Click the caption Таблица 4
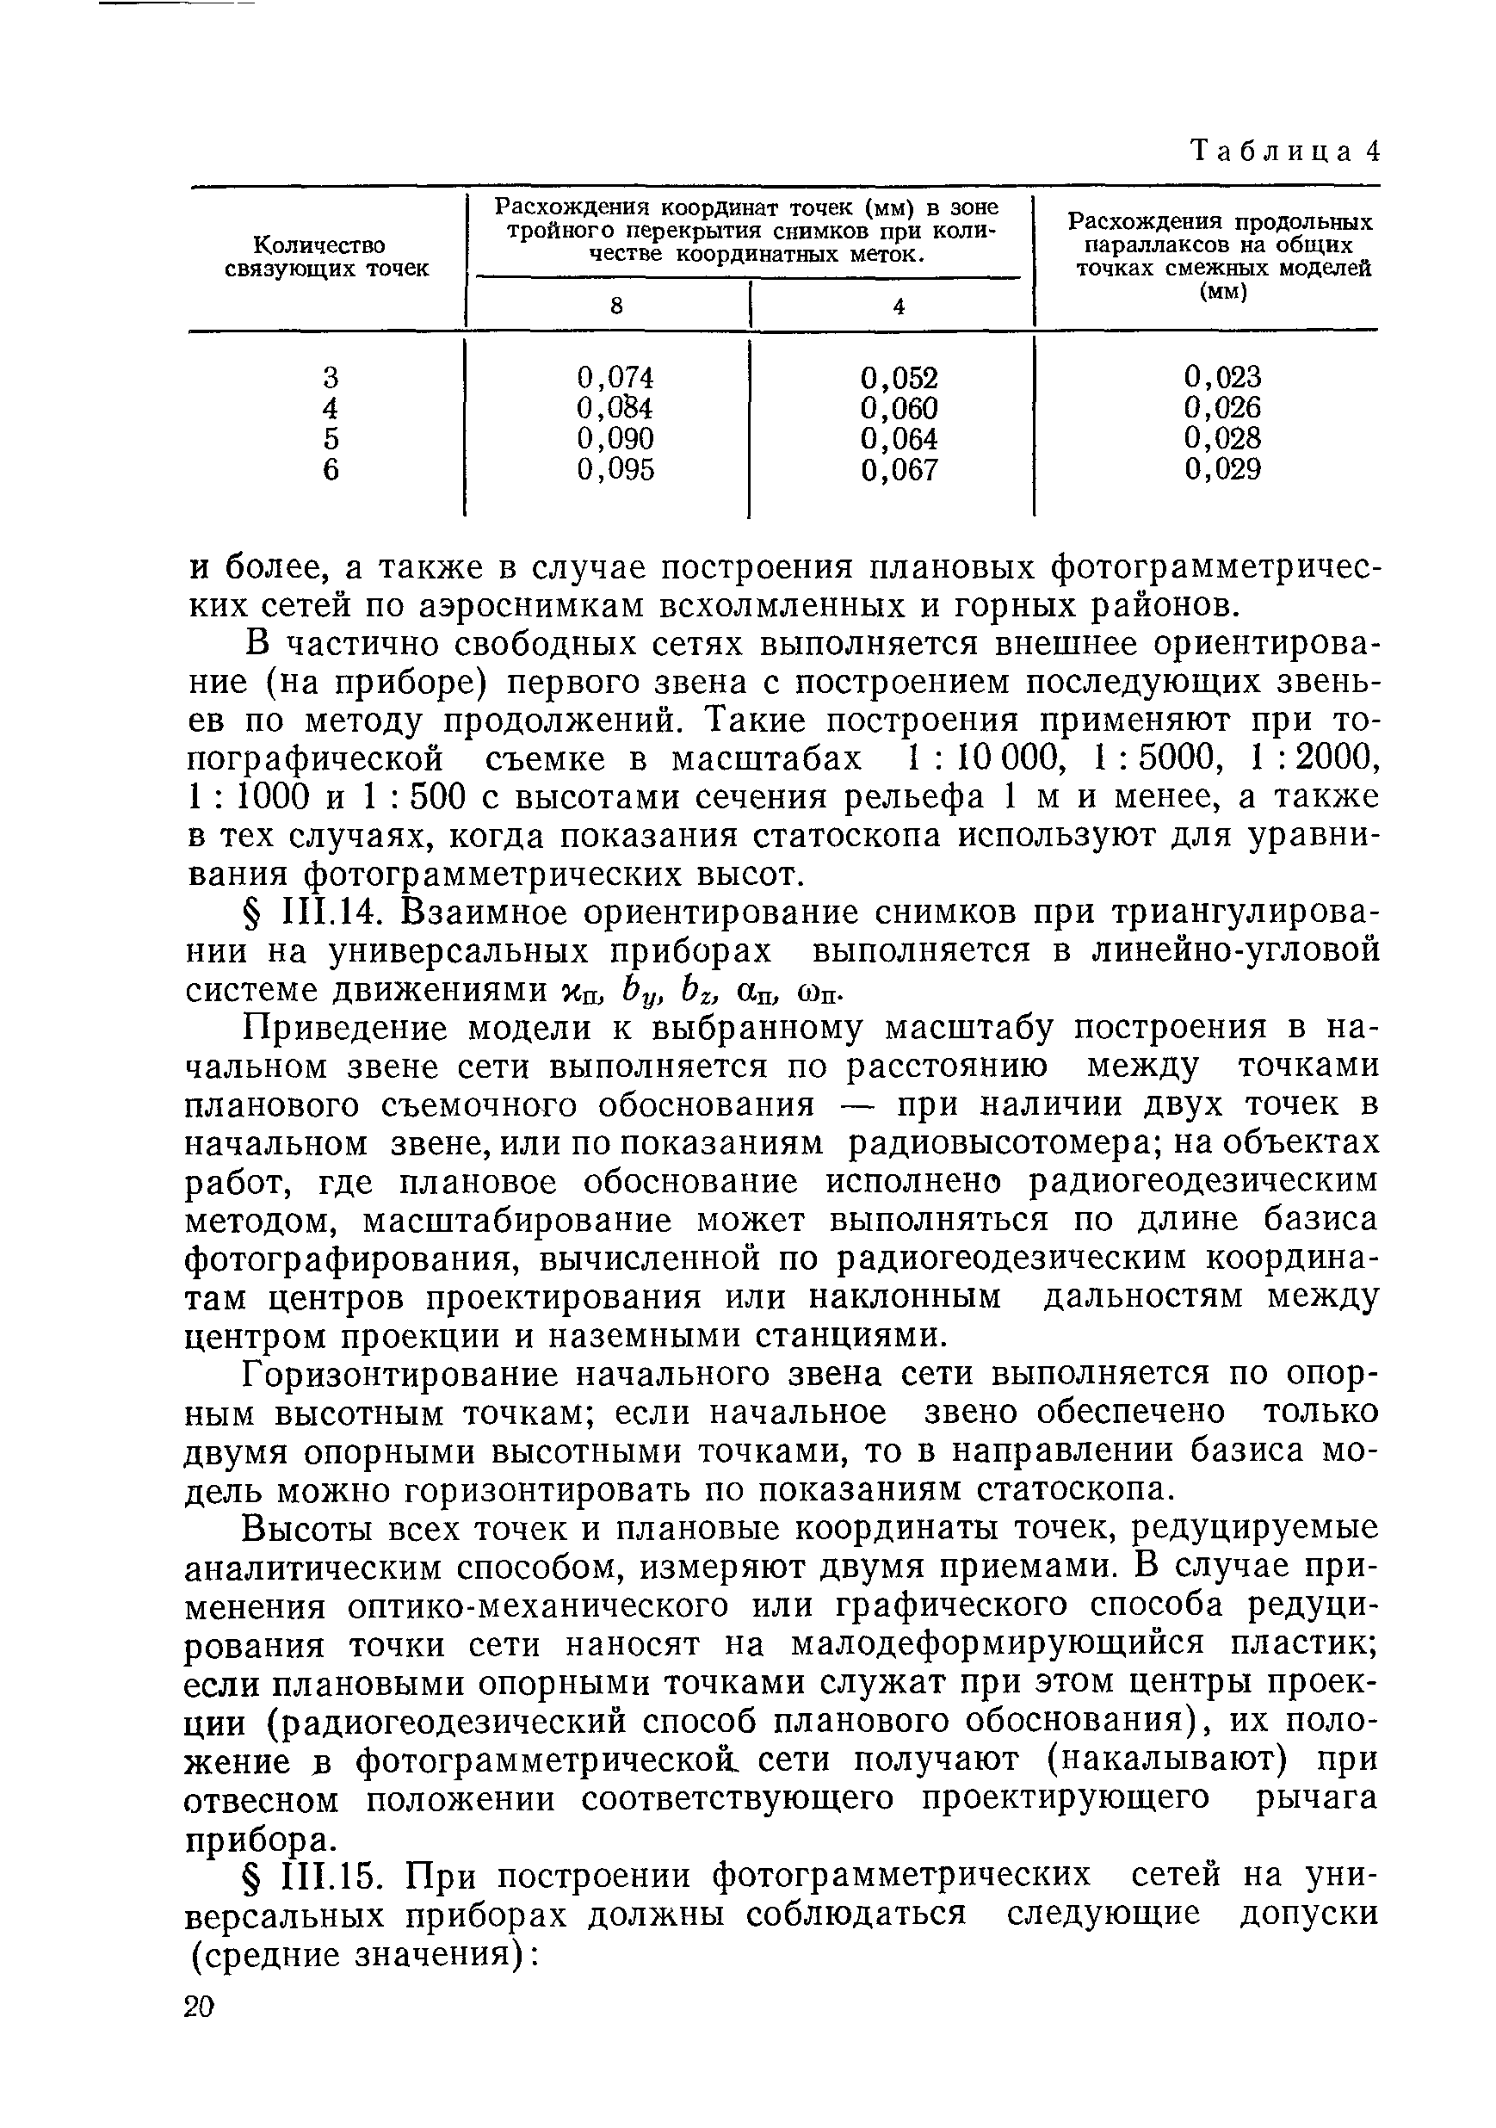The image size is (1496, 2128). (1284, 150)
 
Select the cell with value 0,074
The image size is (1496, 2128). (615, 377)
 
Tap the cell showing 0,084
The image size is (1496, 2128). (615, 408)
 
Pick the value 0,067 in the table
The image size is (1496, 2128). (899, 470)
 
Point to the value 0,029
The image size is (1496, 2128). (1222, 469)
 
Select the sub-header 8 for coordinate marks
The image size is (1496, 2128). (615, 306)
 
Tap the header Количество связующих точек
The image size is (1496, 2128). (327, 257)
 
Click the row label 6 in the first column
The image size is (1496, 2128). (331, 470)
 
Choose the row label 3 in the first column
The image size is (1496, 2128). (331, 377)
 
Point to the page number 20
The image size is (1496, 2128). (200, 2007)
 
